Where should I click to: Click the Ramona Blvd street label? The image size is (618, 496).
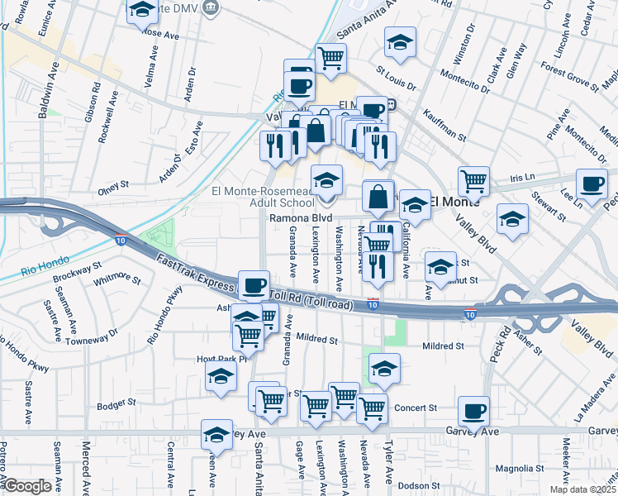pyautogui.click(x=301, y=218)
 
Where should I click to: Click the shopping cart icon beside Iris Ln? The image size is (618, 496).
pyautogui.click(x=474, y=179)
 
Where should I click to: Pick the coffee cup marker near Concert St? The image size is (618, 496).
pyautogui.click(x=474, y=410)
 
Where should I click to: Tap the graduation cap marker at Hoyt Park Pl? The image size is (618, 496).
pyautogui.click(x=221, y=376)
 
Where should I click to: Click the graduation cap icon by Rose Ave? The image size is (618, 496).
pyautogui.click(x=143, y=10)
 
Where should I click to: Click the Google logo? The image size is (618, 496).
pyautogui.click(x=27, y=487)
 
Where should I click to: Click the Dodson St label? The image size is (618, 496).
pyautogui.click(x=417, y=486)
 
